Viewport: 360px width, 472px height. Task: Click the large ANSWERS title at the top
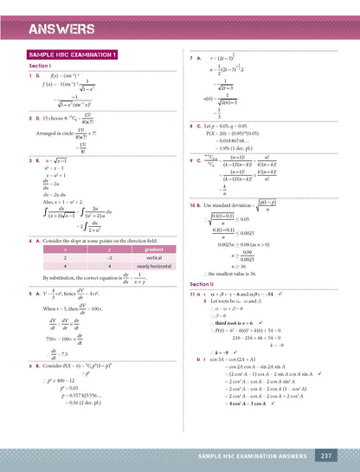click(61, 30)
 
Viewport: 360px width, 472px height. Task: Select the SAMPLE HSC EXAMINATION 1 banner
click(73, 55)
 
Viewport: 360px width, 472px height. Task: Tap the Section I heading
click(41, 66)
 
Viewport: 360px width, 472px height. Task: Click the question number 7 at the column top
click(190, 57)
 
